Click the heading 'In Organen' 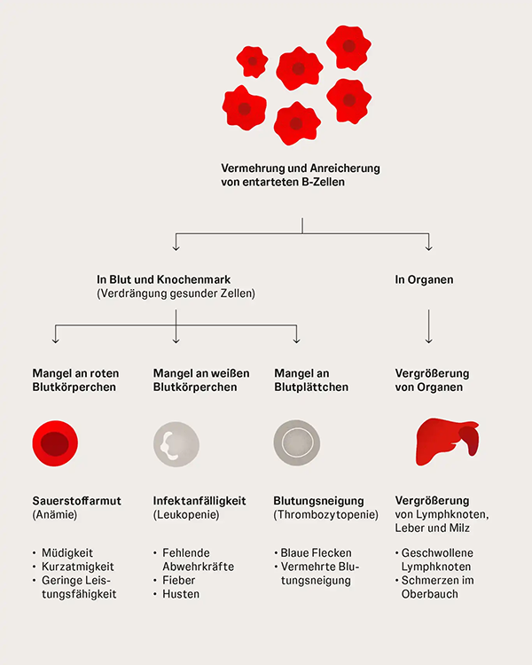[x=424, y=280]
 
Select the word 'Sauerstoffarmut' [x=77, y=501]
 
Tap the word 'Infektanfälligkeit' [x=199, y=501]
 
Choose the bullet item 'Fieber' [x=178, y=581]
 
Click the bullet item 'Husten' [x=181, y=594]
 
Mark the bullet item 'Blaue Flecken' [x=317, y=552]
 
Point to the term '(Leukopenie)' [x=185, y=514]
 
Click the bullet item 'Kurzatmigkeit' [x=78, y=567]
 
